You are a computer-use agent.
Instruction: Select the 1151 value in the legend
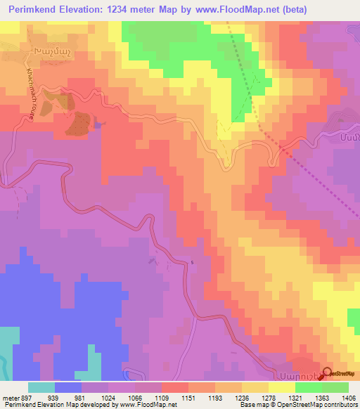(171, 398)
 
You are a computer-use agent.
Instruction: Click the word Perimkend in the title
(30, 9)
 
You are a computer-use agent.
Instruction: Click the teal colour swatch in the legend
(41, 387)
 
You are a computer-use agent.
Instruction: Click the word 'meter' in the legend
(9, 398)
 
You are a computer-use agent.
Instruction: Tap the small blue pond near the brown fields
(98, 124)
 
